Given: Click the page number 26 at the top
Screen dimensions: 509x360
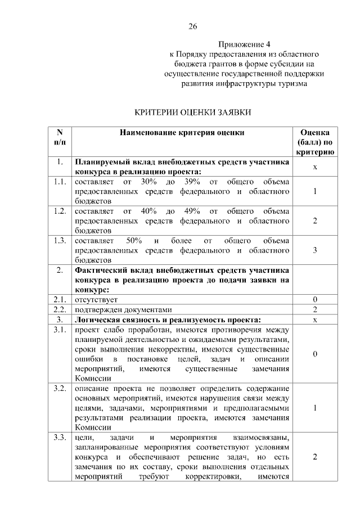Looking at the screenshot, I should (192, 26).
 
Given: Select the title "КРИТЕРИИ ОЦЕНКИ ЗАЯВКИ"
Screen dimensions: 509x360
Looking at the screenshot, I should (192, 112).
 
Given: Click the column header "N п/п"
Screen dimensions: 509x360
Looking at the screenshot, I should (60, 137).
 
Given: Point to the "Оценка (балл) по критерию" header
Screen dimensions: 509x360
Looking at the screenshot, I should (315, 142).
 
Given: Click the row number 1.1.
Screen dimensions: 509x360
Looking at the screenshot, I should (60, 182).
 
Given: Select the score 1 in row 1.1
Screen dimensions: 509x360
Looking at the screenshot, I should (315, 192).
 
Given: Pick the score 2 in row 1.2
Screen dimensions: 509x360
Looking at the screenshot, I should (315, 220).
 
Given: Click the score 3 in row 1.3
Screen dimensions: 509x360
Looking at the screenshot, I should (315, 250).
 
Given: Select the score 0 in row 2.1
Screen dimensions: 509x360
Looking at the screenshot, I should (315, 300).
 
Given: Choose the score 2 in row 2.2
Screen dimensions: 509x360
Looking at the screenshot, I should (315, 310).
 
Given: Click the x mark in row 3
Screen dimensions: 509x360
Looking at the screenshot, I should (315, 320).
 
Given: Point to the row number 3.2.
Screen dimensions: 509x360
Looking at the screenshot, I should (60, 389).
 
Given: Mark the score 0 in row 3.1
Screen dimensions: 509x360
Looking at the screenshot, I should (315, 354).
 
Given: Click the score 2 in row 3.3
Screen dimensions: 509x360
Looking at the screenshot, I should (315, 457).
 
